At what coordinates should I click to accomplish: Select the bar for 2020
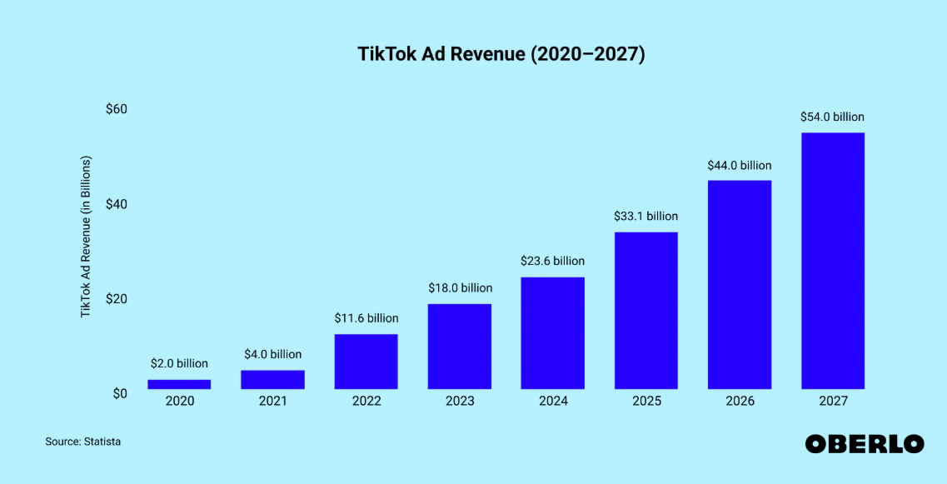click(x=179, y=384)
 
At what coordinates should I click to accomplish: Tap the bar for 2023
click(x=460, y=347)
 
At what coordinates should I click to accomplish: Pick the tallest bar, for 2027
click(x=833, y=261)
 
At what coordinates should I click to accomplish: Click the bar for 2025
click(x=646, y=311)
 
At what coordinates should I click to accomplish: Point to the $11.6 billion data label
click(x=366, y=318)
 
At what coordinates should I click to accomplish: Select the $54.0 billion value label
click(x=833, y=117)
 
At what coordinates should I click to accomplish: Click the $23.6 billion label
click(x=553, y=261)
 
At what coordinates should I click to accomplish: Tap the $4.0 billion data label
click(x=272, y=354)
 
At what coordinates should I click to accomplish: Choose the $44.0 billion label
click(x=740, y=165)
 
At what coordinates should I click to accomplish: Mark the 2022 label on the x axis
click(x=366, y=402)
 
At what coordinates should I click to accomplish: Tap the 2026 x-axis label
click(x=740, y=402)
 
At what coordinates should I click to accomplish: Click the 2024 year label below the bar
click(x=553, y=402)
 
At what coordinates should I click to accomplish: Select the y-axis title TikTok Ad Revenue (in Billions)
click(x=86, y=237)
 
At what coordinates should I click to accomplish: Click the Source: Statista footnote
click(x=83, y=442)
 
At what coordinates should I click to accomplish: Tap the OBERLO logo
click(x=865, y=443)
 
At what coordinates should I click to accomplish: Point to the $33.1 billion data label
click(x=646, y=217)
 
